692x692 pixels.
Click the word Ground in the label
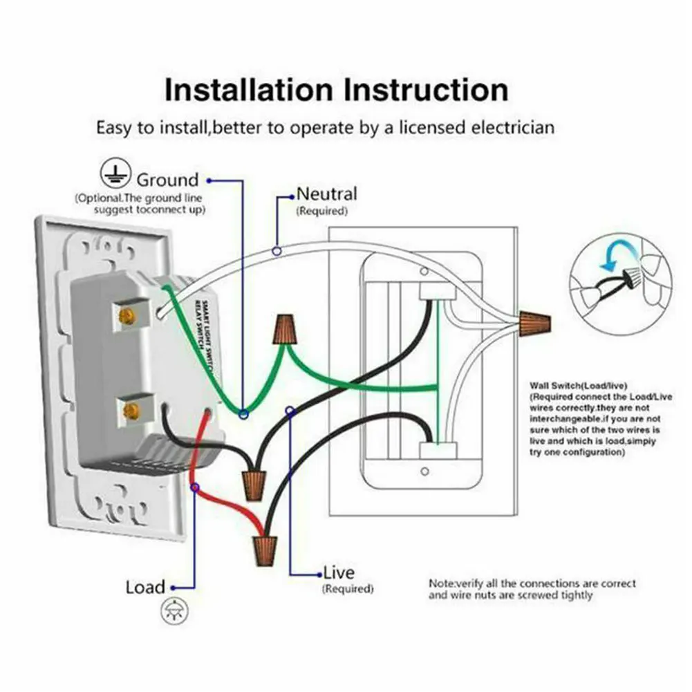pyautogui.click(x=167, y=180)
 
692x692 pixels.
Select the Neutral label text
pyautogui.click(x=327, y=194)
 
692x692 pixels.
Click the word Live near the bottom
pyautogui.click(x=339, y=572)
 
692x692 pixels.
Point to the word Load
pyautogui.click(x=145, y=588)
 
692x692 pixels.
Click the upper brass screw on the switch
pyautogui.click(x=127, y=317)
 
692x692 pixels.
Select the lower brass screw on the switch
pyautogui.click(x=129, y=412)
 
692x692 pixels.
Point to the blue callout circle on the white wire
pyautogui.click(x=277, y=251)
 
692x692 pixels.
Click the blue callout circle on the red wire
pyautogui.click(x=195, y=488)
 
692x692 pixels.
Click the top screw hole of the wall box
pyautogui.click(x=423, y=271)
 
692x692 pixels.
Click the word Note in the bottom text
pyautogui.click(x=440, y=583)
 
